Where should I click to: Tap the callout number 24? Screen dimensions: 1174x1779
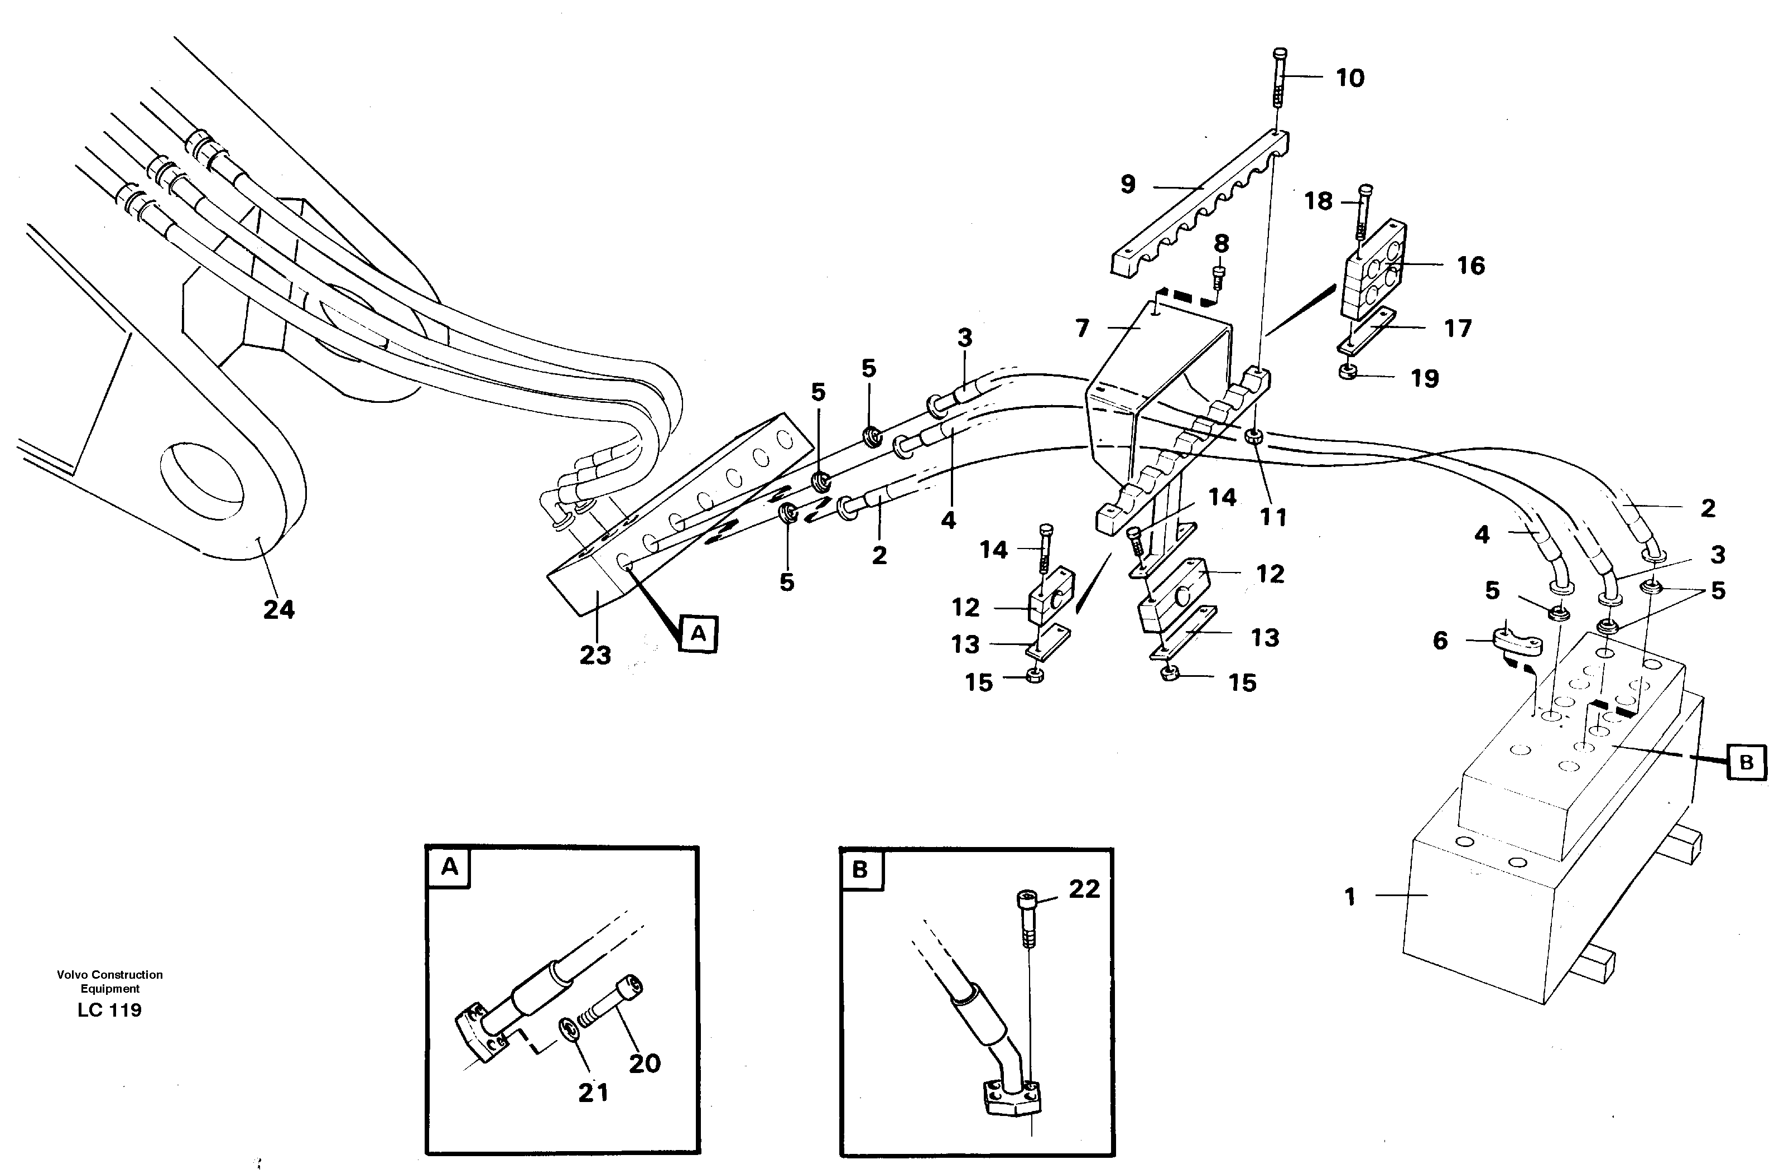tap(278, 609)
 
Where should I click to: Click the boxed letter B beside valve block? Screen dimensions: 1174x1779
tap(1746, 763)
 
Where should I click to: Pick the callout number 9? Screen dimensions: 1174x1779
tap(1128, 184)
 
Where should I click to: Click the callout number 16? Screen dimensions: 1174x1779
tap(1470, 265)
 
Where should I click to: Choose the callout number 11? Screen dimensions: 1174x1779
tap(1273, 517)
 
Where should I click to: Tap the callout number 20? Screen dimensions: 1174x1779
tap(644, 1063)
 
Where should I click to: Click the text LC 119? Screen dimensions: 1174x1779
tap(109, 1010)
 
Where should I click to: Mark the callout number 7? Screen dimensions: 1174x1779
tap(1082, 328)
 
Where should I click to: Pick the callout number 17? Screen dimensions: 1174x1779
tap(1457, 328)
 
